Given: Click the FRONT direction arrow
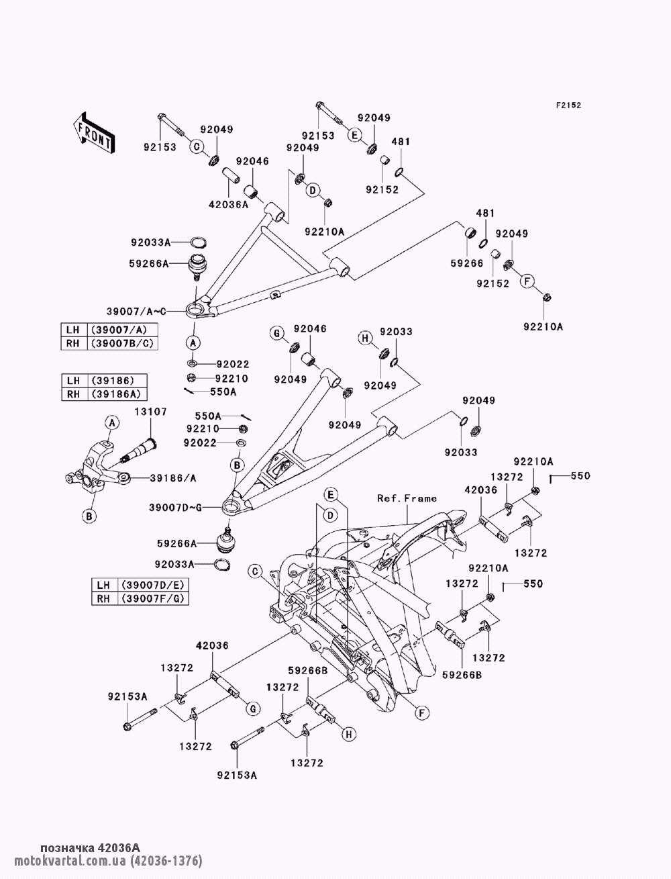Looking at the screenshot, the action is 94,132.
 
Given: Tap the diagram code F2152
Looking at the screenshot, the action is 568,105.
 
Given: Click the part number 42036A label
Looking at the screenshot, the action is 228,205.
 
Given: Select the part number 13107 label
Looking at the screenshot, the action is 150,412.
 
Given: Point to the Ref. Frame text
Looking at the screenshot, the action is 407,498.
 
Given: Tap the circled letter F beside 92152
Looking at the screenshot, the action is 527,281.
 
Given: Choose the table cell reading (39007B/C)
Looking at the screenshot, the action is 122,343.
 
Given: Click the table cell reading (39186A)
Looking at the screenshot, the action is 117,394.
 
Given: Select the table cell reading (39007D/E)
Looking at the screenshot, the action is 153,585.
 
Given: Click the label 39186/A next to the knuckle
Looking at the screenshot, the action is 173,478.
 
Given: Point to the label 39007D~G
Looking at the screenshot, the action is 175,508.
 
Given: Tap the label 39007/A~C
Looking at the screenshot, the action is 136,312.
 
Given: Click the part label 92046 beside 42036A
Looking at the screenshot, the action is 252,161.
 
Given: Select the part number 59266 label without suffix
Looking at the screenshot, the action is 467,263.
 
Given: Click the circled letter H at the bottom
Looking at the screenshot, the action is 349,734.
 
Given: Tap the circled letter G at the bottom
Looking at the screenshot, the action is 253,708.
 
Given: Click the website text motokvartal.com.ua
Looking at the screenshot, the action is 71,860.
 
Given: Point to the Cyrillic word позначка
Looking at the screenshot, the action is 66,847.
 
